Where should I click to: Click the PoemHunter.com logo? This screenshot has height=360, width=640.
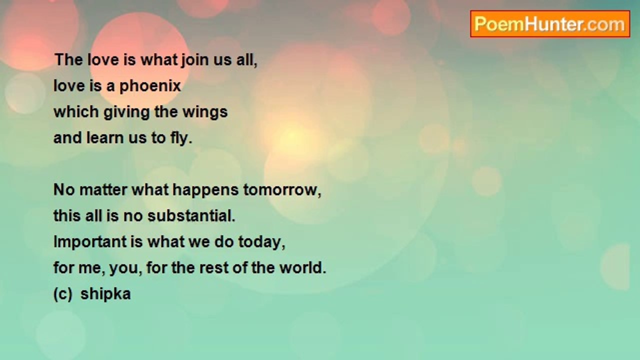pyautogui.click(x=550, y=24)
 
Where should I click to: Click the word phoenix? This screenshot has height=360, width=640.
pyautogui.click(x=150, y=86)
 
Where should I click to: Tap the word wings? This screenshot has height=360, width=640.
pyautogui.click(x=205, y=112)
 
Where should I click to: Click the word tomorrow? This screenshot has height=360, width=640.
pyautogui.click(x=282, y=190)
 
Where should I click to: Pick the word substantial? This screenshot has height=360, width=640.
pyautogui.click(x=191, y=215)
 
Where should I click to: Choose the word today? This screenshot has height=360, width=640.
pyautogui.click(x=261, y=242)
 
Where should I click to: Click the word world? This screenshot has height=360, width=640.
pyautogui.click(x=302, y=267)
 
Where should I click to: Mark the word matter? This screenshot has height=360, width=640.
pyautogui.click(x=103, y=190)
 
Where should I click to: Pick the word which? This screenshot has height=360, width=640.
pyautogui.click(x=76, y=111)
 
